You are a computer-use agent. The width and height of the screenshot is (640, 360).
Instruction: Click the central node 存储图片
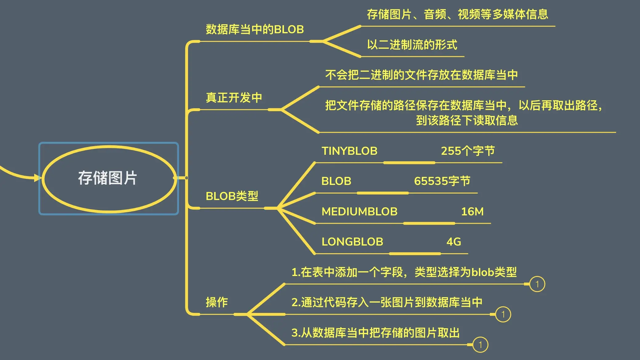[108, 178]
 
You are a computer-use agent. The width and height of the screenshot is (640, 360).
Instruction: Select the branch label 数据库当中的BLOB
[255, 30]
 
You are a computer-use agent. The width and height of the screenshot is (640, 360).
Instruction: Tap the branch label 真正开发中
[234, 98]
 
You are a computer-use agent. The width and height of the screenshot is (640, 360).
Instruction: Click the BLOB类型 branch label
[232, 196]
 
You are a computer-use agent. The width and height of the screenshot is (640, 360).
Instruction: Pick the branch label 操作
[217, 302]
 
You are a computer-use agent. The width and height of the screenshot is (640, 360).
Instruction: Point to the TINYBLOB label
[349, 151]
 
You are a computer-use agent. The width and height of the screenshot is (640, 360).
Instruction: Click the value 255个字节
[468, 151]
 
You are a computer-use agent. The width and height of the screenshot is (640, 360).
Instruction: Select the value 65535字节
[442, 181]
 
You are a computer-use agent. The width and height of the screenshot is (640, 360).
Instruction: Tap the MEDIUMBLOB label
[359, 212]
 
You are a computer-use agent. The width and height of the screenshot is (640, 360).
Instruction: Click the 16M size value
[472, 212]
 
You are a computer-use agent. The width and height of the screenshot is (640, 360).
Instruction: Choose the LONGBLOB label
[352, 242]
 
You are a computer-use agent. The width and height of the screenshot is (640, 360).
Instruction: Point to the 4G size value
[454, 242]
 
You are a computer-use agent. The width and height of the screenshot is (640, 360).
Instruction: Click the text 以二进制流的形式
[412, 45]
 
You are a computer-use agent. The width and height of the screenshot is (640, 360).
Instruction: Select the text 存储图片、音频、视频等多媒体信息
[458, 14]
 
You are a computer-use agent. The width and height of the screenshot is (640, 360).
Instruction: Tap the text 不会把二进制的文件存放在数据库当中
[422, 75]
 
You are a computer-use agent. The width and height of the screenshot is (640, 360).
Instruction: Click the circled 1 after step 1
[537, 284]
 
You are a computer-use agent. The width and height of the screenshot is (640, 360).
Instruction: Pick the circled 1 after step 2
[503, 314]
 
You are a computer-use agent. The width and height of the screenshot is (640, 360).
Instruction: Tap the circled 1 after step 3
[480, 345]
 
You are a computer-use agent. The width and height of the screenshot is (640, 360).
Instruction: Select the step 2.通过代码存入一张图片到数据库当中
[387, 302]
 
